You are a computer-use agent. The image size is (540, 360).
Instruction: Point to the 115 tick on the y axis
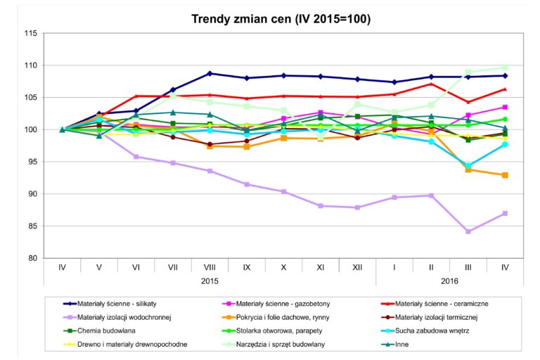[30, 33]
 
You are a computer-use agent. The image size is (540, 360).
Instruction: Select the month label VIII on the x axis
[210, 268]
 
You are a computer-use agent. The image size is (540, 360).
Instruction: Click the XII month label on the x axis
[357, 268]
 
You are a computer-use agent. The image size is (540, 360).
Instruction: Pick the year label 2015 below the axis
[210, 280]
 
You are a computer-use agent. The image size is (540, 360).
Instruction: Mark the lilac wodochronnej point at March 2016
[468, 231]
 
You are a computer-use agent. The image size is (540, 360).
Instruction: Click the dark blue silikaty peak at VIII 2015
[210, 73]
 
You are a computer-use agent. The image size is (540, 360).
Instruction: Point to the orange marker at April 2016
[505, 175]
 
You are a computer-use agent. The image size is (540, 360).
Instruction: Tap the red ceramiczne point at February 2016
[431, 84]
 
